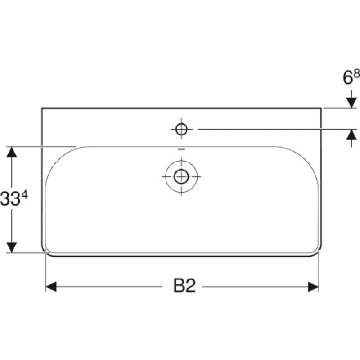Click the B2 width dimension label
(x=184, y=285)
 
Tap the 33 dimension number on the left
(x=9, y=199)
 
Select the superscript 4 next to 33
(x=24, y=196)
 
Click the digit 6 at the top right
(x=347, y=77)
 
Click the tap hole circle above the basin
(x=181, y=129)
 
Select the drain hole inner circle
(x=181, y=176)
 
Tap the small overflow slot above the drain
(x=181, y=149)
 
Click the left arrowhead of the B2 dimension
(x=51, y=287)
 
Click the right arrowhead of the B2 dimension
(x=313, y=287)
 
